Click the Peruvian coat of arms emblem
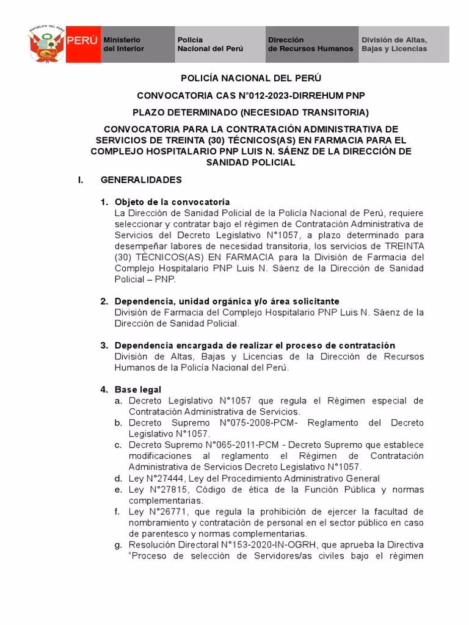pos(46,45)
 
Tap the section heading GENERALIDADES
pos(141,181)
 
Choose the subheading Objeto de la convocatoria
pos(172,202)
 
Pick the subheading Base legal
pos(138,389)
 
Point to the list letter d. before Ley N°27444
pos(117,479)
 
